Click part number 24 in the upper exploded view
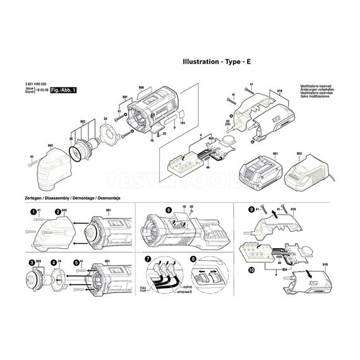(105, 118)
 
